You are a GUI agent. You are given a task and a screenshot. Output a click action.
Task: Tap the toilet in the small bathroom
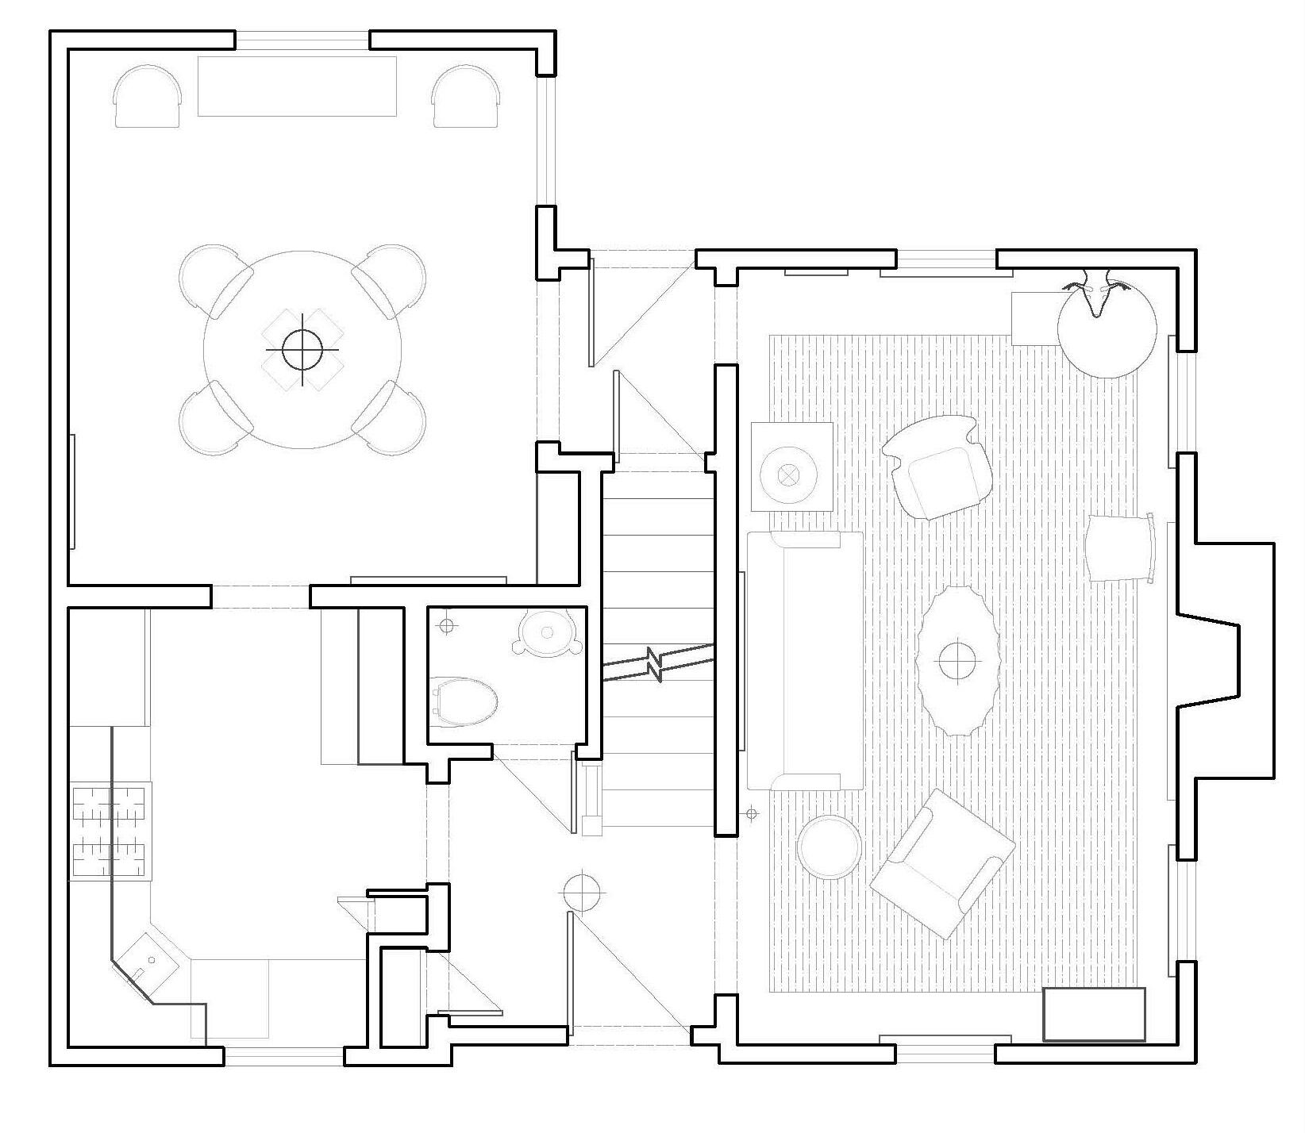pos(464,701)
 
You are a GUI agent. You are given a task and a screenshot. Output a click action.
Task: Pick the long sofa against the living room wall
pos(804,660)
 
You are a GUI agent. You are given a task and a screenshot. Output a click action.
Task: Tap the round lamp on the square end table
pos(788,474)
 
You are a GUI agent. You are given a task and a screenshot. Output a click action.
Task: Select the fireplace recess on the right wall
pos(1226,660)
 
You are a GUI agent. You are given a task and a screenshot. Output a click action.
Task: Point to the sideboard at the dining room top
pos(296,86)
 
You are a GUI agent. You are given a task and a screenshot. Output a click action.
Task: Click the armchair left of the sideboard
pos(148,96)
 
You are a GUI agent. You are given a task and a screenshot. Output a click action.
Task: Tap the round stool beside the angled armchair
pos(829,847)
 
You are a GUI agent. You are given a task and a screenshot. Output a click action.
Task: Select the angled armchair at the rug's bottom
pos(941,863)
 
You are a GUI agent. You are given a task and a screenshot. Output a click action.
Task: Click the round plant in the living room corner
pos(1107,329)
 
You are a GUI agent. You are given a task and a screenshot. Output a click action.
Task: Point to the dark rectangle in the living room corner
pos(1094,1013)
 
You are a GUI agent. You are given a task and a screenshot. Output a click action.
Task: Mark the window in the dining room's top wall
pos(302,40)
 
